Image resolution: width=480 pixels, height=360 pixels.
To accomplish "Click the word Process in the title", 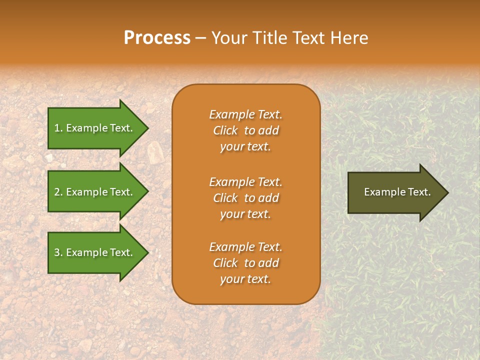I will tap(157, 38).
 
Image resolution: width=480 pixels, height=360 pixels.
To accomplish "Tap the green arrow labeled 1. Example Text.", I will tap(95, 128).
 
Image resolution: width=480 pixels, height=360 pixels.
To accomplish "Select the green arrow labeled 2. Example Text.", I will tap(95, 192).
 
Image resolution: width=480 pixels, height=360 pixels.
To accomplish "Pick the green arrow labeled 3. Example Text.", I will tap(95, 252).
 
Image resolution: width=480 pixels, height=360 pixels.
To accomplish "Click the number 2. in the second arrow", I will tap(58, 192).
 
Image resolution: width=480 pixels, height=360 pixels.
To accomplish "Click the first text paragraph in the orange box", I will tap(245, 130).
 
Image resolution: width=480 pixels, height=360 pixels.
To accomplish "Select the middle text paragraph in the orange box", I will tap(245, 198).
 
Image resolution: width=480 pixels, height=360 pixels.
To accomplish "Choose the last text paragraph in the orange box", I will tap(245, 263).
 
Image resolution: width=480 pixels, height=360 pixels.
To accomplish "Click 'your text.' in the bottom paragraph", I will tap(245, 279).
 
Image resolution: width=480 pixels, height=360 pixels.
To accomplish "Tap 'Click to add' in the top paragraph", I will tap(245, 130).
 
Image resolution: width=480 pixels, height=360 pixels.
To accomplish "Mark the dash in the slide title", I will tap(201, 38).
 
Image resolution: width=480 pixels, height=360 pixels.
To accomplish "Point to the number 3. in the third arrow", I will tap(58, 252).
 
